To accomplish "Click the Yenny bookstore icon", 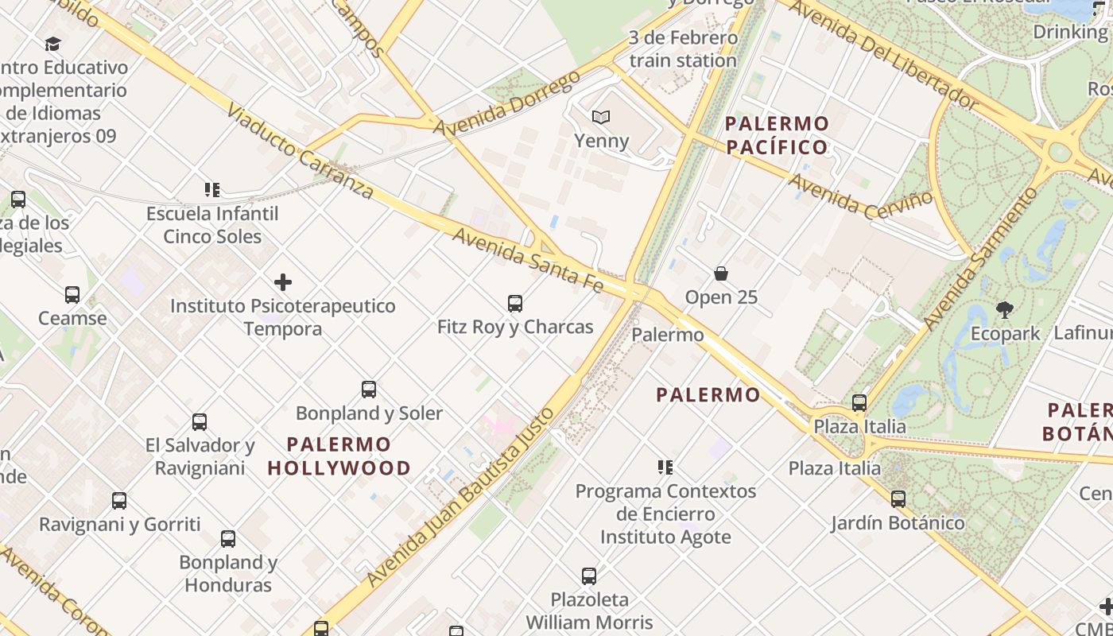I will [601, 118].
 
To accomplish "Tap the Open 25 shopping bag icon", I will [721, 273].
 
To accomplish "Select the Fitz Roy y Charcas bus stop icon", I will [515, 303].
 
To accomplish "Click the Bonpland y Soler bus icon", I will [369, 390].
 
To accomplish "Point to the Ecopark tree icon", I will [1005, 309].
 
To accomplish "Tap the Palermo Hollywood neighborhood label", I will [339, 456].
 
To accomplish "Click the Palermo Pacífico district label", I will [777, 135].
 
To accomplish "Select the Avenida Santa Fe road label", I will [528, 260].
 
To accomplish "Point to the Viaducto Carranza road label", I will [300, 151].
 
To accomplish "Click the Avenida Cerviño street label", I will [859, 194].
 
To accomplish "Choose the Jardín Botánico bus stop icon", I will [898, 499].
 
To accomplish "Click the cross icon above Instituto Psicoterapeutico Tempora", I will [282, 282].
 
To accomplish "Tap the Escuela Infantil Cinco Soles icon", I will [211, 190].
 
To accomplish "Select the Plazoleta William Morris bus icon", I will [588, 576].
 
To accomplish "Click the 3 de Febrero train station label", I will [683, 48].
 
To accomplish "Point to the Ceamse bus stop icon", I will [72, 295].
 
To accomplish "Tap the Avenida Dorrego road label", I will [509, 103].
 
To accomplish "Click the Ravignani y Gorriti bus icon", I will [119, 501].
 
